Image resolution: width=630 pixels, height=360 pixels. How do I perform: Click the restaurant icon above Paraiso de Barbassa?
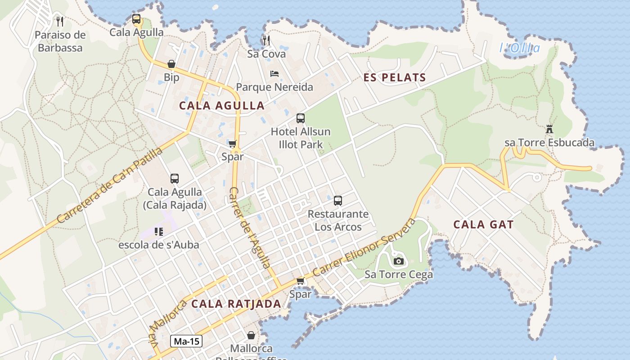tap(60, 21)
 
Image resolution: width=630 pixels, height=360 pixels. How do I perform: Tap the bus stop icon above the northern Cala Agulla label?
tap(136, 19)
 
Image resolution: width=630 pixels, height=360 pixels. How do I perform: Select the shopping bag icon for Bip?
tap(171, 64)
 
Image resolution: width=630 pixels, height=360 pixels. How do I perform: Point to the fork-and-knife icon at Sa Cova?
tap(266, 40)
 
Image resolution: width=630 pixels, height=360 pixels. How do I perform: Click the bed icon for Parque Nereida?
tap(274, 74)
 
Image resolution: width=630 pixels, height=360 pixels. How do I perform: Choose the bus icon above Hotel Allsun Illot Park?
tap(301, 118)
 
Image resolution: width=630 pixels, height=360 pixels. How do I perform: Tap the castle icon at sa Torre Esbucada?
tap(549, 129)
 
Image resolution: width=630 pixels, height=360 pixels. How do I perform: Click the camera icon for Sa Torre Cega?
tap(398, 261)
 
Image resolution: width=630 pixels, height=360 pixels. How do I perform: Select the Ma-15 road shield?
tap(186, 341)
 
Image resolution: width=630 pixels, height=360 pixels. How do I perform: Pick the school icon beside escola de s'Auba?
tap(158, 232)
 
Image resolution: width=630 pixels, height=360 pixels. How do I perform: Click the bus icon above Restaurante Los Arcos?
tap(338, 201)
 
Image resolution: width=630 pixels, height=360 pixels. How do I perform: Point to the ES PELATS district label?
tap(395, 77)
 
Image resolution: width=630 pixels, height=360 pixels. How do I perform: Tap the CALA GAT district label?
tap(483, 225)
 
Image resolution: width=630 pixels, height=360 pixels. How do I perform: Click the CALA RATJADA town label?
tap(236, 304)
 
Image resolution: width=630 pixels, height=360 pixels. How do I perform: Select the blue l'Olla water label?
tap(520, 48)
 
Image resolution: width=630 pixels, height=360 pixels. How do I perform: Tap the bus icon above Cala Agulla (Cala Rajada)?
tap(175, 178)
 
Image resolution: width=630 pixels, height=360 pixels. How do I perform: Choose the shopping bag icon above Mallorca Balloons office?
tap(251, 335)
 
